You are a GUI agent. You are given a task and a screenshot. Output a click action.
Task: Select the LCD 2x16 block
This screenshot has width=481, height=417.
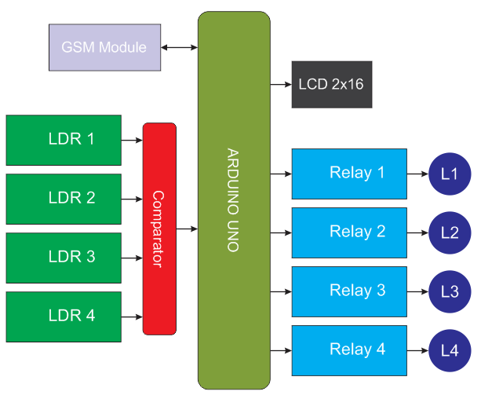click(x=331, y=84)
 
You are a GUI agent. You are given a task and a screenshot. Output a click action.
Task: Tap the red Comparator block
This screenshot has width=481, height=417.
click(x=159, y=229)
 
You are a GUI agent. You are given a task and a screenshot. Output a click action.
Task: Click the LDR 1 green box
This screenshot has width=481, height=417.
click(x=64, y=140)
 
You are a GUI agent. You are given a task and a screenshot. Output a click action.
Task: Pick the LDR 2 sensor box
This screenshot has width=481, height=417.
click(x=64, y=199)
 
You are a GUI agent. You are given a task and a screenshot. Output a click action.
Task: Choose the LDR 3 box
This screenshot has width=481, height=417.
click(x=64, y=258)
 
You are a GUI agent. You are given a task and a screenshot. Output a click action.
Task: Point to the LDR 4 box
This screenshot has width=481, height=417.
click(x=64, y=316)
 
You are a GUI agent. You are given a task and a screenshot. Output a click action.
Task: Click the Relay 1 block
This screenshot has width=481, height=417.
click(x=349, y=174)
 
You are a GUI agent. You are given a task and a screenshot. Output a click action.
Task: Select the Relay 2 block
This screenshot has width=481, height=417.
click(x=349, y=232)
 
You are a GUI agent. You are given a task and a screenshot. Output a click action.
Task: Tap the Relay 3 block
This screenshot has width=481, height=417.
click(x=349, y=291)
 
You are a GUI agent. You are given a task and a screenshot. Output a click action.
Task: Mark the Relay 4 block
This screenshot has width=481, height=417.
click(x=349, y=350)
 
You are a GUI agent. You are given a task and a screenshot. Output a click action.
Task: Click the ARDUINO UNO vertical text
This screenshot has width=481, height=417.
click(x=233, y=199)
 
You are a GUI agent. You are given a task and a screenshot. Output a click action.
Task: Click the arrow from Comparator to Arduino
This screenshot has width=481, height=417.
click(x=187, y=229)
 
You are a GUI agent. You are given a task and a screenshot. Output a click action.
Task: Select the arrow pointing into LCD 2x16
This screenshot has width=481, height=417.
click(x=281, y=84)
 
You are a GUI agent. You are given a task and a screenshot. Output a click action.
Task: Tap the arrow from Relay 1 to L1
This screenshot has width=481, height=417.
click(x=418, y=174)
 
